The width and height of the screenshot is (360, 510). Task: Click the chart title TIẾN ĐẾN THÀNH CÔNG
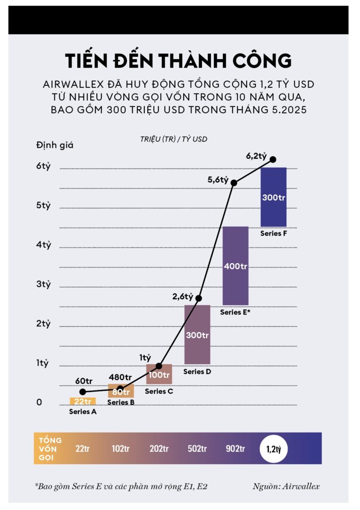(178, 62)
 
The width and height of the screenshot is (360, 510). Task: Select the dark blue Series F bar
(273, 197)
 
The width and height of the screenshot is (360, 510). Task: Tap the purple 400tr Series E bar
(235, 265)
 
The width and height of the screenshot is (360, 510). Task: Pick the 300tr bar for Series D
(197, 334)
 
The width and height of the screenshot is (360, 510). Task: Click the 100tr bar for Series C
(159, 374)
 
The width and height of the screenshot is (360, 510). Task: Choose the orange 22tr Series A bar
(83, 401)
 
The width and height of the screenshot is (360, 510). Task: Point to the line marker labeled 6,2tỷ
(273, 160)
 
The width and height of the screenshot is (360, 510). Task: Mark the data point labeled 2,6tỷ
(199, 298)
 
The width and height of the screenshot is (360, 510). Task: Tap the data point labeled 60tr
(83, 391)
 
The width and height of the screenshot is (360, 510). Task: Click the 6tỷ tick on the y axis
(43, 167)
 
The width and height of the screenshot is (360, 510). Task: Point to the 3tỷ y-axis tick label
(43, 284)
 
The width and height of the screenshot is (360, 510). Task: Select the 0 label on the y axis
(40, 402)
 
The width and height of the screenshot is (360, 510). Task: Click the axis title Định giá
(55, 145)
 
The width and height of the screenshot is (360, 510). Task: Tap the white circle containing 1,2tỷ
(274, 448)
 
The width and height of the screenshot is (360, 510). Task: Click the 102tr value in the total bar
(121, 449)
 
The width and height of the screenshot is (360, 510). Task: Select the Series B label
(121, 402)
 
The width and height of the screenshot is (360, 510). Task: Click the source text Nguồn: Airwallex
(286, 486)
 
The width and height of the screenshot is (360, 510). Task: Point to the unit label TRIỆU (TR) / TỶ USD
(173, 139)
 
